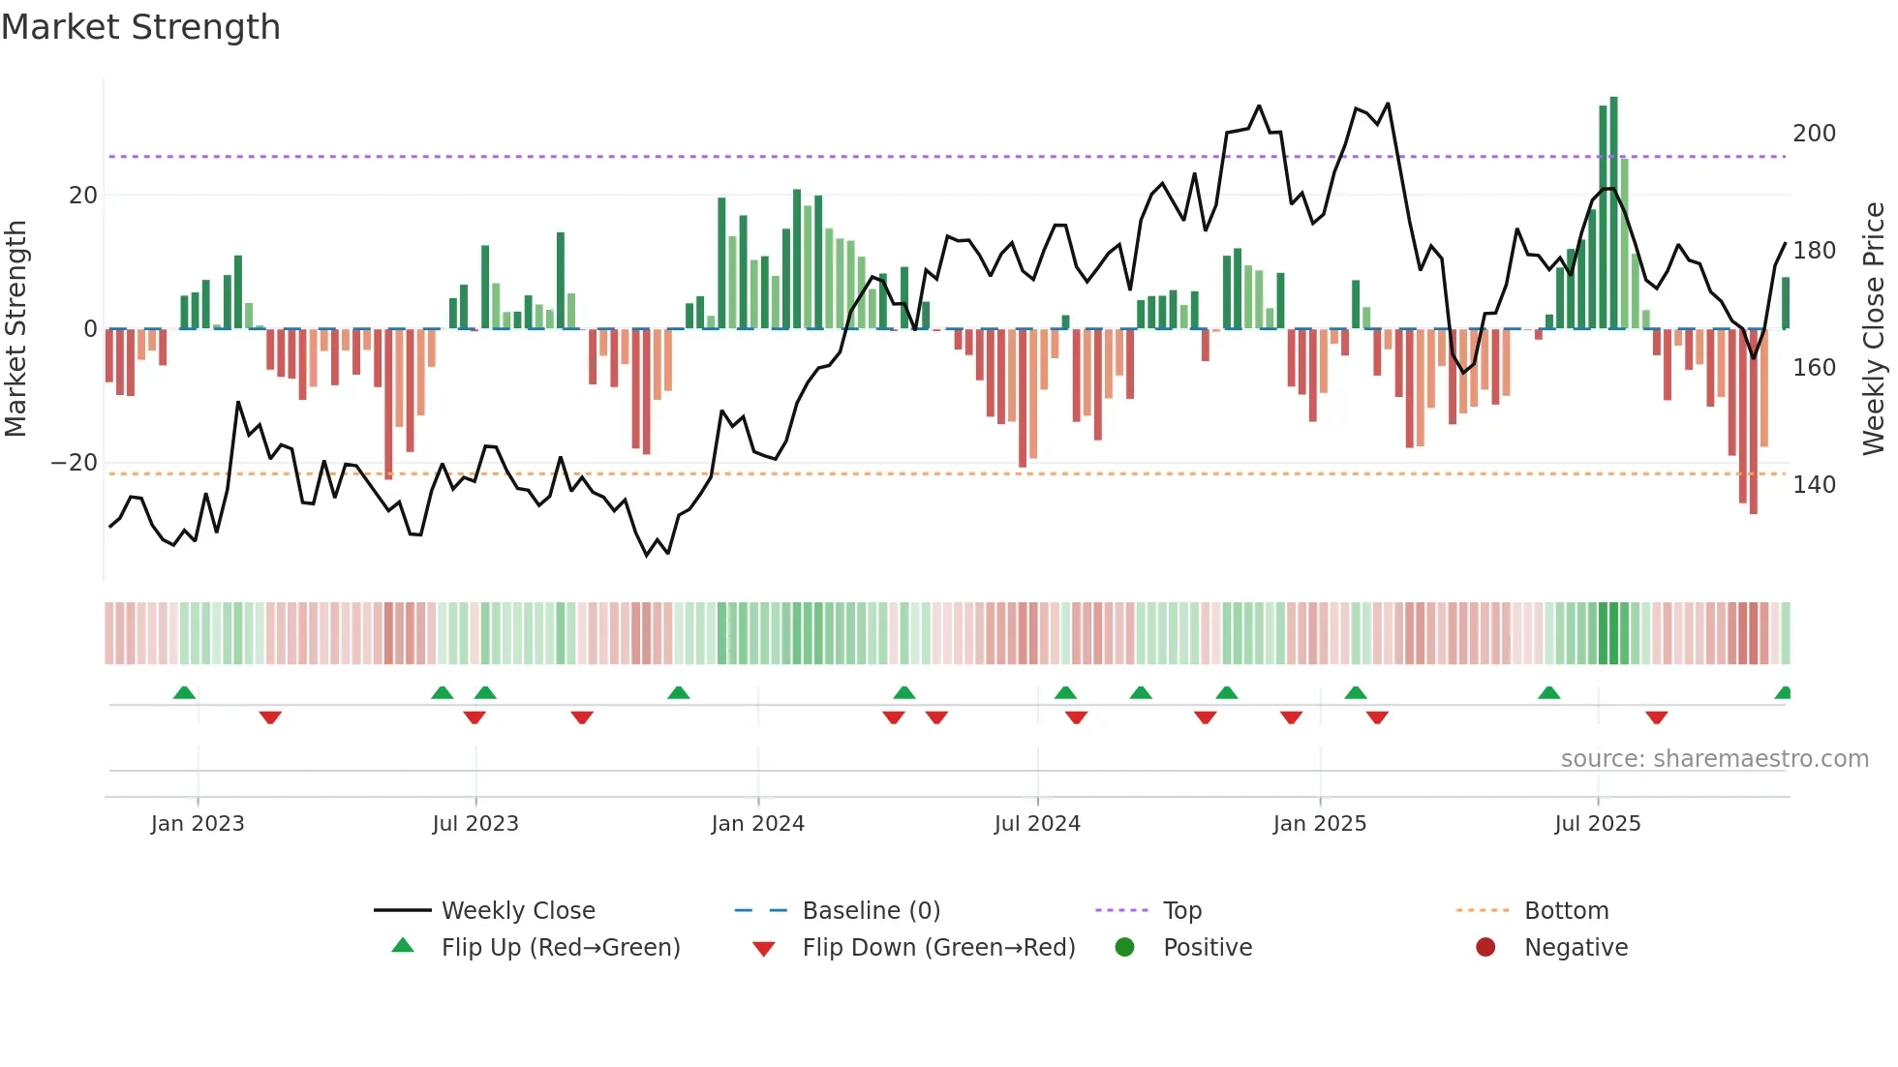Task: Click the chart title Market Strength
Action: [x=140, y=27]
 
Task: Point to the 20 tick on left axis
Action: [x=83, y=196]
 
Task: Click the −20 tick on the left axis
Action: [x=75, y=463]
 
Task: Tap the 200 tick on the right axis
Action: [x=1814, y=134]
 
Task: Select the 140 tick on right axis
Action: [x=1814, y=485]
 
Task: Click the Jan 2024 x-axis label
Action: [x=757, y=824]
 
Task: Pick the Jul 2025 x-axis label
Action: [x=1597, y=824]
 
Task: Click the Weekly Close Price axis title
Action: [x=1874, y=329]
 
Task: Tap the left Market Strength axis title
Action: [x=16, y=329]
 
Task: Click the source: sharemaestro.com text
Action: [x=1714, y=759]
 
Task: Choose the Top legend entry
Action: [x=1181, y=911]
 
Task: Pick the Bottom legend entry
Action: [x=1566, y=911]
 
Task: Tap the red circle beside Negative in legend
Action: [x=1485, y=948]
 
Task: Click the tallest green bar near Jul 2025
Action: [x=1614, y=213]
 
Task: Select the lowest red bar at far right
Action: [x=1754, y=421]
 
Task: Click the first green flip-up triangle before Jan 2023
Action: [x=184, y=693]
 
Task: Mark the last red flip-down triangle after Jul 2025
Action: [x=1656, y=717]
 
